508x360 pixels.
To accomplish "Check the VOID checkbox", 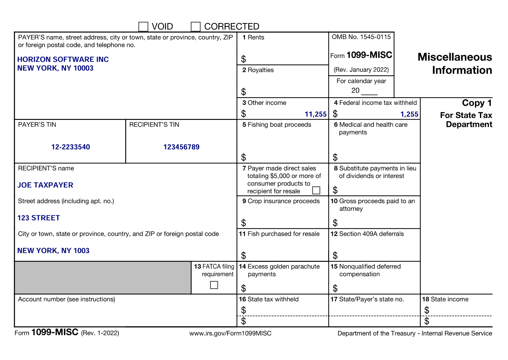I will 143,27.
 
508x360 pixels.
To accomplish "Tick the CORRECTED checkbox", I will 196,27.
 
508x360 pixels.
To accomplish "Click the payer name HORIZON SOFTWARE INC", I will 63,59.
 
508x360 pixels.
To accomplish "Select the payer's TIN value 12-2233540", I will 71,147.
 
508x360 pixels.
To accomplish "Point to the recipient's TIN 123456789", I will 181,147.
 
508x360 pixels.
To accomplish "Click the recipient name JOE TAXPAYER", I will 45,185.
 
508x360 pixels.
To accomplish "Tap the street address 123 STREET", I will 39,218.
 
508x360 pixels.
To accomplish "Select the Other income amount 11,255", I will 315,114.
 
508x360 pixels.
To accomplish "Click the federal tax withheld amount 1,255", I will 409,114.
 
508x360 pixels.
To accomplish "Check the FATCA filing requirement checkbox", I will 214,285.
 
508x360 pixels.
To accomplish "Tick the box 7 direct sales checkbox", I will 316,190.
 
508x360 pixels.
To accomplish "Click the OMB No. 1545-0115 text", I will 361,37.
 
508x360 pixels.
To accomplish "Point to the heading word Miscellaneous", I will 455,57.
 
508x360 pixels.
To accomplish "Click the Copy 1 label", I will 477,103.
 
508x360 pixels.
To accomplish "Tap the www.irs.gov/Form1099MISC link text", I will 230,333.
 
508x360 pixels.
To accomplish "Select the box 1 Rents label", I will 253,37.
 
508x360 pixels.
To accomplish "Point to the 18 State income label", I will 445,299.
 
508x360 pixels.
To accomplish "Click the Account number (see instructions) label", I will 66,299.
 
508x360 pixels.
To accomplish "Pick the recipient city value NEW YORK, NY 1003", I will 53,250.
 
